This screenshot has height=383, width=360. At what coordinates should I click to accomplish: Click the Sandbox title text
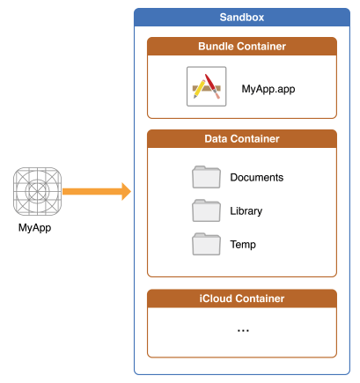(242, 18)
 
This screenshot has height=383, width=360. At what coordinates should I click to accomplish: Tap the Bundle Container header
(242, 47)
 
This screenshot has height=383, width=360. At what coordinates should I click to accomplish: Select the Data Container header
(242, 139)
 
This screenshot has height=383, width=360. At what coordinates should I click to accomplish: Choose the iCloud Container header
(242, 298)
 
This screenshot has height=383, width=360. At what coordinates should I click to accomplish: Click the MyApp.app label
(268, 89)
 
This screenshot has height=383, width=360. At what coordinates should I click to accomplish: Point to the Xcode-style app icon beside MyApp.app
(207, 86)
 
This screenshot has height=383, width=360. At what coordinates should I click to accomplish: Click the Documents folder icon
(206, 177)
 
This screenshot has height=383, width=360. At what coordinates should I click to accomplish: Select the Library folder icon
(206, 210)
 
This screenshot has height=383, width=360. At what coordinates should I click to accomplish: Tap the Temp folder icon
(206, 244)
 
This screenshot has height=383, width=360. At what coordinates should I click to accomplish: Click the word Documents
(257, 177)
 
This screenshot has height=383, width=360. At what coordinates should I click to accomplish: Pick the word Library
(246, 211)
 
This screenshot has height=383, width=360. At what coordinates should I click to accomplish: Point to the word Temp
(243, 245)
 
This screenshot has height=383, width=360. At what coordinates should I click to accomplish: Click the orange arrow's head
(127, 192)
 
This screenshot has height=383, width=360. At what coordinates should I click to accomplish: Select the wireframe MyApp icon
(37, 191)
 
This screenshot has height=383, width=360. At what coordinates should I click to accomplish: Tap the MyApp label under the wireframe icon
(34, 228)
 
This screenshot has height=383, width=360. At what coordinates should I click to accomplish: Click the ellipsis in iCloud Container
(243, 331)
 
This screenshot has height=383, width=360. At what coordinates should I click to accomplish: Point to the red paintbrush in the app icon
(212, 86)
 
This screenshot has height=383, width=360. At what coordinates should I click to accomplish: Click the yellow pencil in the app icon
(199, 89)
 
